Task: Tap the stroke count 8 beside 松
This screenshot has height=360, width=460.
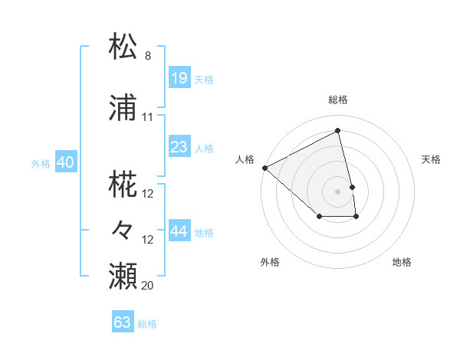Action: [x=148, y=56]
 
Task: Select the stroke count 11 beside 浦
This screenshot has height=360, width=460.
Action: [x=148, y=117]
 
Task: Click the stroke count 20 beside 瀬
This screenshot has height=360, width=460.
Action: [x=148, y=286]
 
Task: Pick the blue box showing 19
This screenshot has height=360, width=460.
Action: [x=179, y=78]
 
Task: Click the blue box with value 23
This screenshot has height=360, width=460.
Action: [x=179, y=147]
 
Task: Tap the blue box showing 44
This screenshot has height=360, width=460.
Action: [x=179, y=231]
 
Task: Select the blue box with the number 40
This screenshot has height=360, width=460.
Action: [x=65, y=162]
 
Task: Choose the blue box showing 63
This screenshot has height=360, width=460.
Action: [x=123, y=322]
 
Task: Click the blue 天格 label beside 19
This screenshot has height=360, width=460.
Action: [x=204, y=80]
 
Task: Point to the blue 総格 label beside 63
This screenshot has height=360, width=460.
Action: [x=147, y=324]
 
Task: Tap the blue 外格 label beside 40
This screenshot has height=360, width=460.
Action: [x=41, y=163]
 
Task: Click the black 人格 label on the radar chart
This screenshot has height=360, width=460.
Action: [x=245, y=159]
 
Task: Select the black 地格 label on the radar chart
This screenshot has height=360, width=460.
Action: [x=402, y=262]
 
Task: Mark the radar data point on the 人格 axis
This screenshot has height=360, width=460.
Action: [x=264, y=168]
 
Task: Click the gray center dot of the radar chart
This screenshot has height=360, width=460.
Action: [x=337, y=191]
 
